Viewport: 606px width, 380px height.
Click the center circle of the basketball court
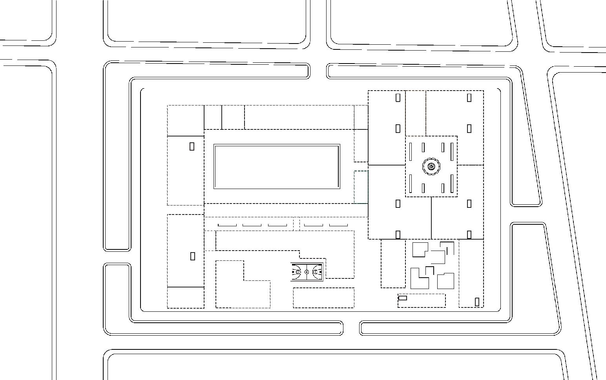tap(307, 272)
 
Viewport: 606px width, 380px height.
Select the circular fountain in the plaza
tap(431, 167)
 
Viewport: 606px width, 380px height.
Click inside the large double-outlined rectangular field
tap(277, 167)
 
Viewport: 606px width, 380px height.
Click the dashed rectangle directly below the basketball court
tap(323, 298)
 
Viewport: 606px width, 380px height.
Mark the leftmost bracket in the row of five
tap(227, 225)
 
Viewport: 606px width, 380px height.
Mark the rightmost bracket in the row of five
tap(338, 225)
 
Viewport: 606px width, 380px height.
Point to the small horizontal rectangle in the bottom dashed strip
tap(402, 298)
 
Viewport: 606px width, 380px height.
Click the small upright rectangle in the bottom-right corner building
tap(477, 302)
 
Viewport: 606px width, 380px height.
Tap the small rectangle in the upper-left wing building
tap(192, 146)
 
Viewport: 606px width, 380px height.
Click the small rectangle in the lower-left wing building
tap(193, 256)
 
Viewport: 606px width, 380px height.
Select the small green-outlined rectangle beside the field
tap(361, 187)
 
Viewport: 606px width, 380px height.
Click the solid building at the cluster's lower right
tap(445, 281)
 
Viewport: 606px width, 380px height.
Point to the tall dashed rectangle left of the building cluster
tap(393, 264)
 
